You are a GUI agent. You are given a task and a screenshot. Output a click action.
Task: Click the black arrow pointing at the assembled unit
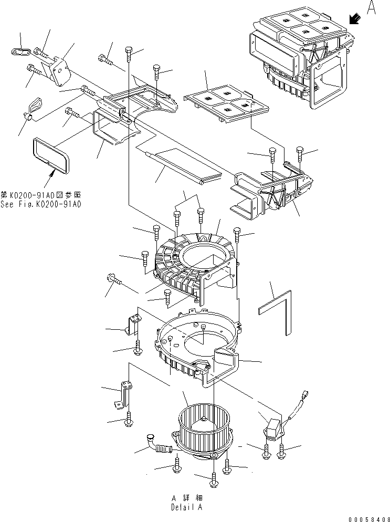(355, 19)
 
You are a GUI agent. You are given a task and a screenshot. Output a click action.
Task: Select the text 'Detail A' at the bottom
(186, 507)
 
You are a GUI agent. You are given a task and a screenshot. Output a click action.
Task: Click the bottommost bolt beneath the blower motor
(214, 479)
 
